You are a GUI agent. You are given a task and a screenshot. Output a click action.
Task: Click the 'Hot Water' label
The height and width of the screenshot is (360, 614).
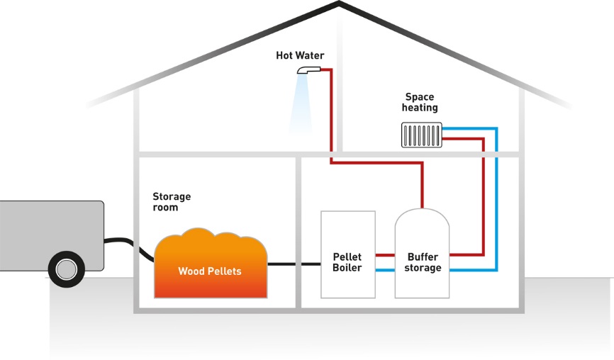[300, 55]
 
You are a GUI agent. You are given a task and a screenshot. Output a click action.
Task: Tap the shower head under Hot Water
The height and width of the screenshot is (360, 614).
[308, 69]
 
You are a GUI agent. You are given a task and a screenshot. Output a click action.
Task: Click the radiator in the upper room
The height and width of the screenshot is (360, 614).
[422, 135]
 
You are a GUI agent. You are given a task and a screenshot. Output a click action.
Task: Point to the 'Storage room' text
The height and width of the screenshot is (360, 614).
[172, 202]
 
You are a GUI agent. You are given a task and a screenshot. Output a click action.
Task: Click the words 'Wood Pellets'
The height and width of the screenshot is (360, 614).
[210, 271]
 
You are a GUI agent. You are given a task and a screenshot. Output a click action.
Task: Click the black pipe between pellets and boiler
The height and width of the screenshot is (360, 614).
[294, 264]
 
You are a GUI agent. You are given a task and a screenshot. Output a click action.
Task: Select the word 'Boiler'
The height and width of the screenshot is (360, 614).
[347, 268]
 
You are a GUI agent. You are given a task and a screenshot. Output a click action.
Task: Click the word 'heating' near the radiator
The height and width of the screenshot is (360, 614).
[420, 108]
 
